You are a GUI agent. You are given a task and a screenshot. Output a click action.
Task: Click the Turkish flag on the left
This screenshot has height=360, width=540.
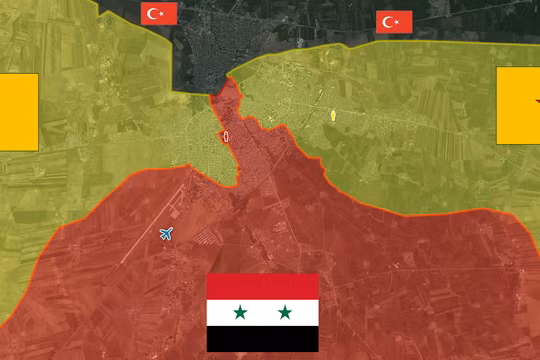point(160,13)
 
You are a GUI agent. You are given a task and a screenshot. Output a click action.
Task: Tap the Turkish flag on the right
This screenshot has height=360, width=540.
point(394,22)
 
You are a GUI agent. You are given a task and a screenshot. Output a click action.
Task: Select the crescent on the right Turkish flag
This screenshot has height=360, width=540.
point(390,22)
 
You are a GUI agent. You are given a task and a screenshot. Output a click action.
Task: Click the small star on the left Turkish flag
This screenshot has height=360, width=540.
point(164,13)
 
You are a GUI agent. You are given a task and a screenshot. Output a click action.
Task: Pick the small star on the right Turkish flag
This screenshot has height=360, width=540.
point(398,22)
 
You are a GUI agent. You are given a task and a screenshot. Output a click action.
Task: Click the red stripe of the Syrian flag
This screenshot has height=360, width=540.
point(262,286)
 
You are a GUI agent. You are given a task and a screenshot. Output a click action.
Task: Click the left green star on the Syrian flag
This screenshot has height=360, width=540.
point(240,313)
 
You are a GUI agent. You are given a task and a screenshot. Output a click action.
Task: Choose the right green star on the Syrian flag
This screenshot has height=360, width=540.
point(285,313)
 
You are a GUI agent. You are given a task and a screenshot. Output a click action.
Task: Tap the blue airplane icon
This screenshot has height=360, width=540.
point(166,234)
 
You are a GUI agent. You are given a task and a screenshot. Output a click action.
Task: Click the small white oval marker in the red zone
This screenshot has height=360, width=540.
point(226,136)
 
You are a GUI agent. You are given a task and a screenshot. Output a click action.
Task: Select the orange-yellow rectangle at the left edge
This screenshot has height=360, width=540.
point(18,111)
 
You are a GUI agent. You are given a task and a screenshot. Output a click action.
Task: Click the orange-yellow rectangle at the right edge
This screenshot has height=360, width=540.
point(518,105)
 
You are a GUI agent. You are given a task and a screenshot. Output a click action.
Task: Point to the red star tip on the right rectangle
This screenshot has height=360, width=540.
point(536,101)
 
